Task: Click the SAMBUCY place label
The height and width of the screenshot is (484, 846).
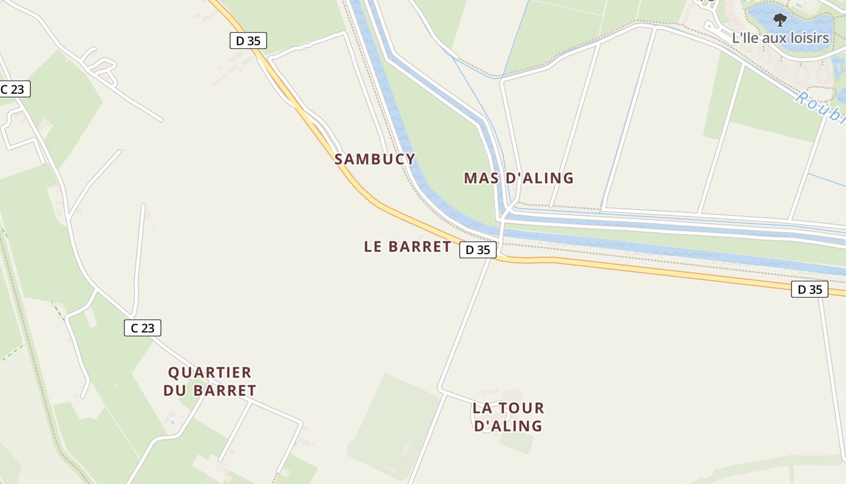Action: pyautogui.click(x=375, y=159)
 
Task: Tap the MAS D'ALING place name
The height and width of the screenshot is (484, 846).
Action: pyautogui.click(x=518, y=178)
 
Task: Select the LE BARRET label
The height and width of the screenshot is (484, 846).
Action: pyautogui.click(x=407, y=247)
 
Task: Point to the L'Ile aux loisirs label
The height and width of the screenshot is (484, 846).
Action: pyautogui.click(x=780, y=38)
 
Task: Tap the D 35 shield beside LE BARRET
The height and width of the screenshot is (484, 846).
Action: pyautogui.click(x=478, y=250)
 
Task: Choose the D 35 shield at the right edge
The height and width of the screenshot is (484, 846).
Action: pyautogui.click(x=810, y=289)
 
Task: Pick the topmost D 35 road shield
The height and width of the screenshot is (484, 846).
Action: pyautogui.click(x=248, y=41)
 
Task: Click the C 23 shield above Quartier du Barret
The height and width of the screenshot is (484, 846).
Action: pyautogui.click(x=143, y=328)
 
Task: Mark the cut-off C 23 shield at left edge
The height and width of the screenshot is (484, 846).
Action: pyautogui.click(x=13, y=90)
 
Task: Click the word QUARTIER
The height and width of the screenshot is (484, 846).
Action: pyautogui.click(x=210, y=373)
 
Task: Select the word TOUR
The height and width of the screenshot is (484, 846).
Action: pyautogui.click(x=523, y=408)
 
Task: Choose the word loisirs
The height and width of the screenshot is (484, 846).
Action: pyautogui.click(x=807, y=38)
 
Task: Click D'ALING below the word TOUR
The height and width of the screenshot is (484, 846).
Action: pyautogui.click(x=508, y=426)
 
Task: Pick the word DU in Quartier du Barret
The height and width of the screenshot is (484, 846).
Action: pyautogui.click(x=174, y=391)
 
